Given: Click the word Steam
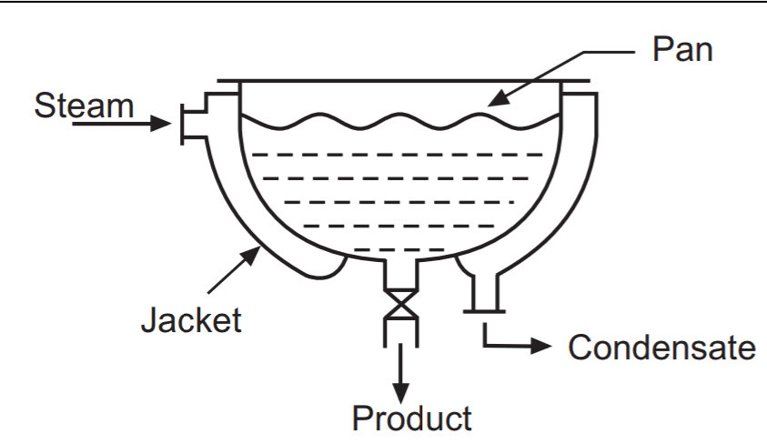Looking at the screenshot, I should coord(84,105).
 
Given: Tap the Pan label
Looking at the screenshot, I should coord(681,49).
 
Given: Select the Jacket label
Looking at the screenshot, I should coord(191,319).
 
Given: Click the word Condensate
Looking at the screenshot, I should coord(661,347).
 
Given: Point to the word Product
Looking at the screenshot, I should coord(412,418).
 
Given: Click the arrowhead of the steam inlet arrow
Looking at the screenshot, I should coord(163,121).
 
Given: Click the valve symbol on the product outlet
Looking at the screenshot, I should coord(399,303).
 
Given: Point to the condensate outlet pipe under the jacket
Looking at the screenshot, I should coord(484,292).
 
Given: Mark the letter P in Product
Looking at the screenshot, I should coord(361,418).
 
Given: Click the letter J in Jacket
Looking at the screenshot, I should coord(149,319).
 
